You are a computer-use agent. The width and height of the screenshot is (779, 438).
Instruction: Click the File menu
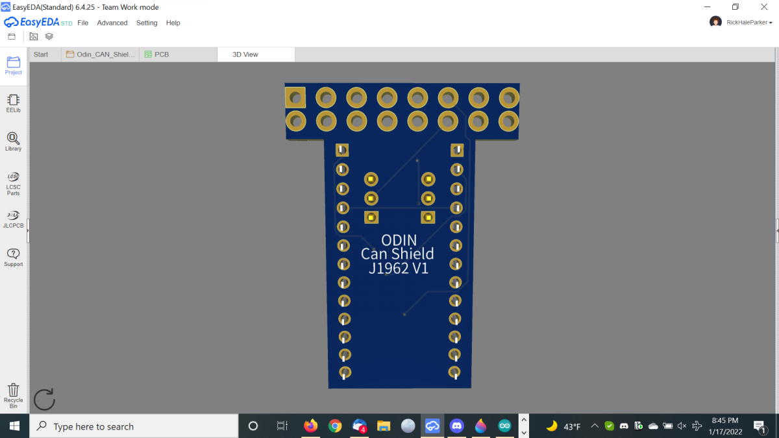tap(82, 23)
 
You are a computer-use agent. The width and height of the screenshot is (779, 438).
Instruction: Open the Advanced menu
tap(112, 23)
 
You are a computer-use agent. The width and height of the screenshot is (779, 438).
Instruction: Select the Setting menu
tap(147, 23)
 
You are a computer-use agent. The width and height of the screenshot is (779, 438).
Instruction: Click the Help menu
tap(173, 23)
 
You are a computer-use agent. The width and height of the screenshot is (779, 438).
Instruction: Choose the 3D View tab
tap(245, 55)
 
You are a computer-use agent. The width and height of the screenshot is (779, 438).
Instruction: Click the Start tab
tap(41, 55)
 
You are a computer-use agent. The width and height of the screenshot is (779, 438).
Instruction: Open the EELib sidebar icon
tap(13, 103)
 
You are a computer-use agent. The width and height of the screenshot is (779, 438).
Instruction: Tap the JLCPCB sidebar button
tap(13, 219)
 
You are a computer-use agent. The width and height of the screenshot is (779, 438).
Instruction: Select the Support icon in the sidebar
tap(13, 257)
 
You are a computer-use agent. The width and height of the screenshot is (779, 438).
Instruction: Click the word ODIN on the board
tap(399, 240)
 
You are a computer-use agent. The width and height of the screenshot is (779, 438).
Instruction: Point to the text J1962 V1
tap(399, 268)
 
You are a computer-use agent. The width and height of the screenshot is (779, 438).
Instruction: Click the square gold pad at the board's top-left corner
tap(295, 98)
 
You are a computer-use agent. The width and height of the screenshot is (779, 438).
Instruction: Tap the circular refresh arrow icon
tap(44, 400)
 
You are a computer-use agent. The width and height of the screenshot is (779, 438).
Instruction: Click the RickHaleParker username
tap(747, 22)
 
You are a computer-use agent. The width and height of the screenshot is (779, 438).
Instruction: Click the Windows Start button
tap(14, 426)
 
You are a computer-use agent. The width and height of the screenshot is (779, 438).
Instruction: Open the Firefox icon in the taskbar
tap(311, 426)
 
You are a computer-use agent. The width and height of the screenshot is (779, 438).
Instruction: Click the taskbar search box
tap(136, 426)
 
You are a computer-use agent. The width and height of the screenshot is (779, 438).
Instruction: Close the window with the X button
tap(764, 6)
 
